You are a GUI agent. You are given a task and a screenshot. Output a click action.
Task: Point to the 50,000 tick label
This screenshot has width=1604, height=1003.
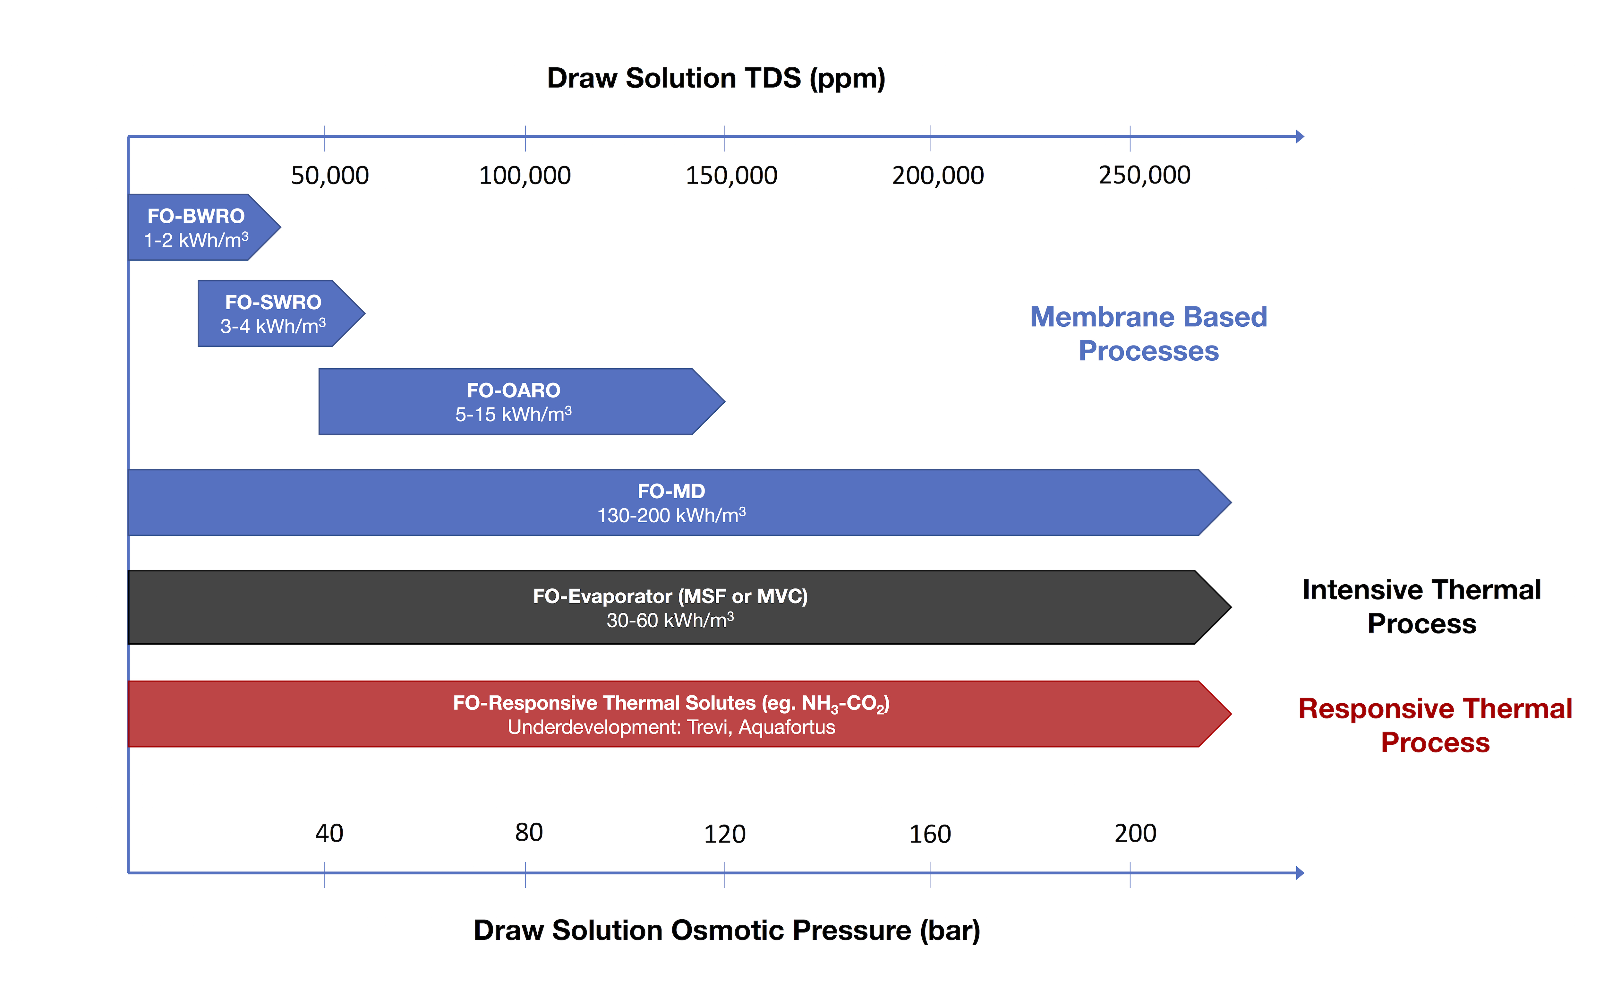(329, 175)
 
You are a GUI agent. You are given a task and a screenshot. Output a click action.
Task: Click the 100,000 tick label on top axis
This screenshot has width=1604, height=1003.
(525, 175)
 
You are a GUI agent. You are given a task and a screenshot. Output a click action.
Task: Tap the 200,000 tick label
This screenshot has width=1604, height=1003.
(938, 175)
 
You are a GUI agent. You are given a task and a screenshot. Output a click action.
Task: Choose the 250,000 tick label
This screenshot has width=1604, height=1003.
(1145, 175)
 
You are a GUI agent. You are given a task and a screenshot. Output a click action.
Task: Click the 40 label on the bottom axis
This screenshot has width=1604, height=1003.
(329, 833)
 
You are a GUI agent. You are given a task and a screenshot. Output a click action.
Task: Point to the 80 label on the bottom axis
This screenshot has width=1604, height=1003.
(528, 833)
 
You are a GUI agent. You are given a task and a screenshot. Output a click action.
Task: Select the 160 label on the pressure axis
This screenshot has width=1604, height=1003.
(930, 834)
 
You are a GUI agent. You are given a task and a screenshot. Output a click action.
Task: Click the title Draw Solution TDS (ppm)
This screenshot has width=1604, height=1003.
(716, 78)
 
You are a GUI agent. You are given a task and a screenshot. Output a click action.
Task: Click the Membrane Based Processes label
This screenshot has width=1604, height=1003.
(1148, 334)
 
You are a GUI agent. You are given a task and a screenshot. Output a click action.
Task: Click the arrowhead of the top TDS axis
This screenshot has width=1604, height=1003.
(1300, 137)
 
